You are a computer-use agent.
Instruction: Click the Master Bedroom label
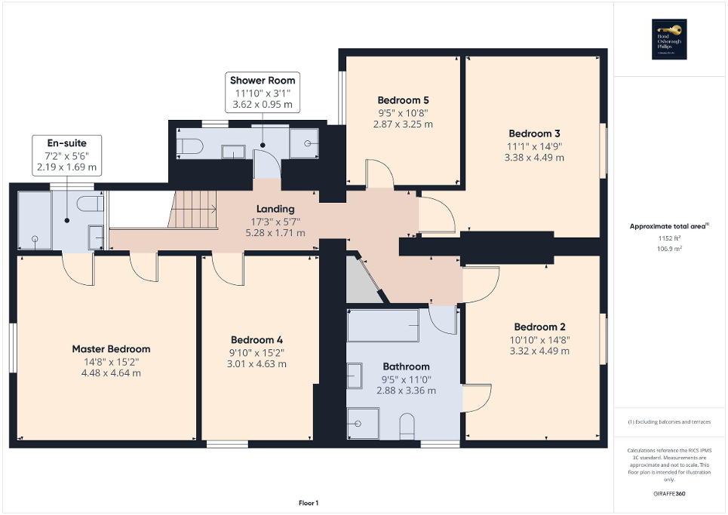point(111,349)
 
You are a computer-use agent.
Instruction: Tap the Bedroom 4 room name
point(257,339)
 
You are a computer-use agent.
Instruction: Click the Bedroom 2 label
point(539,326)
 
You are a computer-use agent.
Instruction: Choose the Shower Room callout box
point(263,93)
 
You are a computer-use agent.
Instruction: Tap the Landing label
point(275,209)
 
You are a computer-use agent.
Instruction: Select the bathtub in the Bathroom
point(383,325)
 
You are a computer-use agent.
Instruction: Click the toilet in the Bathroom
point(407,425)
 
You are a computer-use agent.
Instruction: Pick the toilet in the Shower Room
point(189,145)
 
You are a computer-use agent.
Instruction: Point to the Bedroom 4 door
point(226,268)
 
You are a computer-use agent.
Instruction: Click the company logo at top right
point(667,39)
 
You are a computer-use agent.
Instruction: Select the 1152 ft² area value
point(667,239)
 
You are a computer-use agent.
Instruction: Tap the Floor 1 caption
point(308,503)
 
